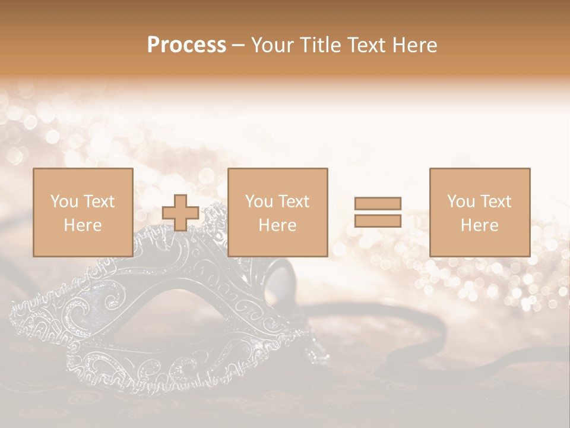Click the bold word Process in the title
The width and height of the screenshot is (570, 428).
186,45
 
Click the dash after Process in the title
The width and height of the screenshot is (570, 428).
238,46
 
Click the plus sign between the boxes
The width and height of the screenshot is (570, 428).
180,213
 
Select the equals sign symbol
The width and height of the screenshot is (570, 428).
378,212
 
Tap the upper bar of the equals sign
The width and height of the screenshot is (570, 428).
378,204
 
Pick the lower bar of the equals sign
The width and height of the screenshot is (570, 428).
378,221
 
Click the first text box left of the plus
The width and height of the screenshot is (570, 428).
83,212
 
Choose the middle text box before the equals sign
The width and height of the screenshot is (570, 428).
277,212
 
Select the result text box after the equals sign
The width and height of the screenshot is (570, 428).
479,212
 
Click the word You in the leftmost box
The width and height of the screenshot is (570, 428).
63,202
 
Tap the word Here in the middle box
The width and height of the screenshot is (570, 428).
277,225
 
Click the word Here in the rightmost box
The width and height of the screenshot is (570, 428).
479,225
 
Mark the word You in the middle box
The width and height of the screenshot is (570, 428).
258,202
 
